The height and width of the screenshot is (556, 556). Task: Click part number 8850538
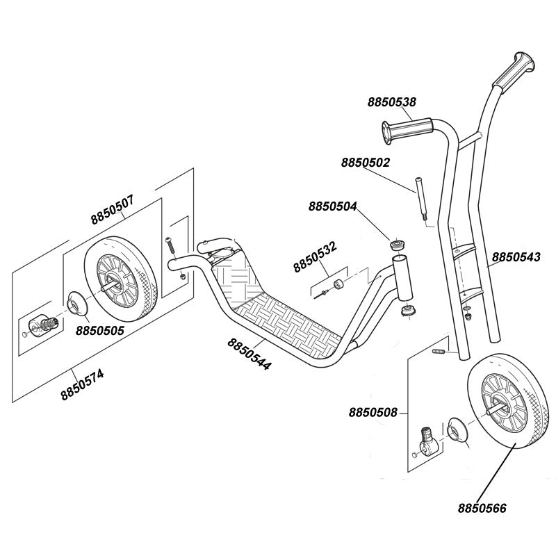tap(391, 102)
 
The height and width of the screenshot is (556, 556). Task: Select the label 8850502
tap(366, 163)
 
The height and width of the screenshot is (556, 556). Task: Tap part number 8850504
tap(333, 206)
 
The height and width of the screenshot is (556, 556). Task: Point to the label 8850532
tap(315, 256)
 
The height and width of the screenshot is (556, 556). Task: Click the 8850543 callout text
tap(516, 256)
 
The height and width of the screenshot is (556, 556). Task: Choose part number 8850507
tap(113, 210)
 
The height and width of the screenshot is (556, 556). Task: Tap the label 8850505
tap(100, 331)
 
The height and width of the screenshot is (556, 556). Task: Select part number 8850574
tap(82, 384)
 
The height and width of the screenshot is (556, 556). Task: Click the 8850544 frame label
tap(250, 354)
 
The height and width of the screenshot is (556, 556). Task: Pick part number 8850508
tap(373, 413)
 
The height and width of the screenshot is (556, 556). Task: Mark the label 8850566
tap(482, 508)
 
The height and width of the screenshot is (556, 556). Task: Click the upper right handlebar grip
tap(513, 72)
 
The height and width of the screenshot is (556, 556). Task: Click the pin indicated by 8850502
tap(421, 199)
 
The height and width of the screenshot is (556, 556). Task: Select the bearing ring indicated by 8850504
tap(397, 245)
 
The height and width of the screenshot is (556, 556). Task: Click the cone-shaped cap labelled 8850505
tap(77, 303)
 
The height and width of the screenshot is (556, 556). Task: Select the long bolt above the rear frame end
tap(170, 245)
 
